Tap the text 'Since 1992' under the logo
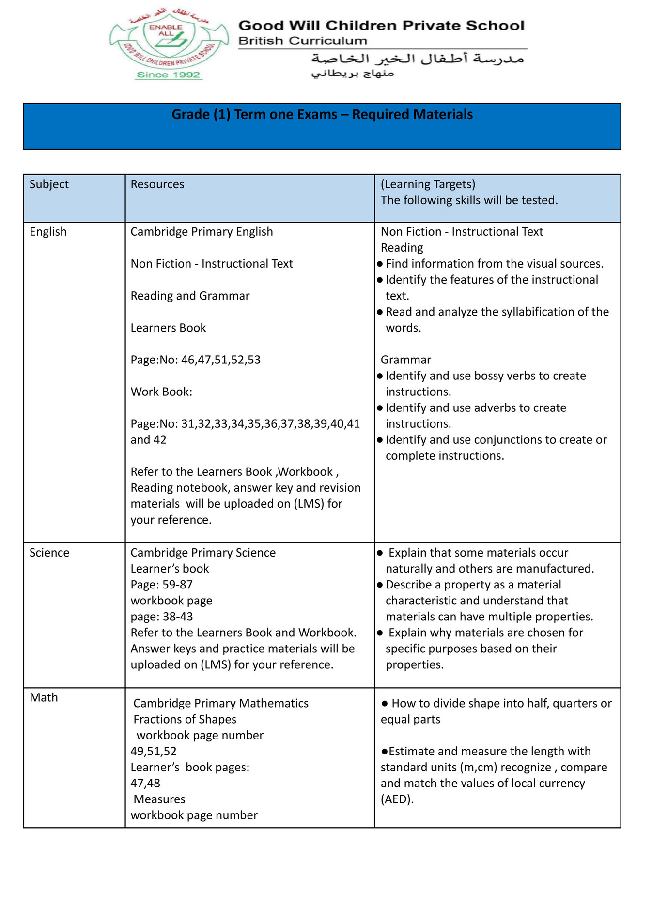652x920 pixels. point(168,75)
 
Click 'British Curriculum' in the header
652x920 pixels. point(302,41)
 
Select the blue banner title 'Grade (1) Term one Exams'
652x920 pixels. point(322,115)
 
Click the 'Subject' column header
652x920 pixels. point(49,184)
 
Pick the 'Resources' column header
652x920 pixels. point(157,184)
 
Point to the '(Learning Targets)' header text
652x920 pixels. point(428,184)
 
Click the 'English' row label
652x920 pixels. point(48,231)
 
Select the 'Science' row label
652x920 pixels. point(49,552)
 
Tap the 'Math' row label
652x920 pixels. point(44,697)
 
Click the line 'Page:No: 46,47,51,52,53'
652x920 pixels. point(195,360)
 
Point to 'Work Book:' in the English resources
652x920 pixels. point(161,392)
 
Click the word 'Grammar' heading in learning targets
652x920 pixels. point(406,360)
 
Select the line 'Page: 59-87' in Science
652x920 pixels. point(161,584)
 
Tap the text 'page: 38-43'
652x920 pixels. point(161,616)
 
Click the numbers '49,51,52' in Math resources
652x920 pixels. point(154,751)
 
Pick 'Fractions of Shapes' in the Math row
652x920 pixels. point(185,719)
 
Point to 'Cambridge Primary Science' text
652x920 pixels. point(203,552)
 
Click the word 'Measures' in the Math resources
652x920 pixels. point(159,799)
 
